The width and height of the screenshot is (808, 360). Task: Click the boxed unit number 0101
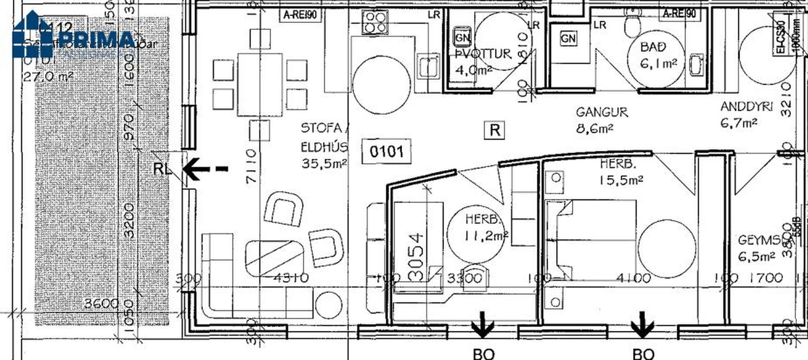(386, 152)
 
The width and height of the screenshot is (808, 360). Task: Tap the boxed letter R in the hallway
(495, 130)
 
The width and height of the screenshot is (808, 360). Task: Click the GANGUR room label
(601, 112)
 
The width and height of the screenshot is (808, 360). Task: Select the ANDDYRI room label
(746, 107)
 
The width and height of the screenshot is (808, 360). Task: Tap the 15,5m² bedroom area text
(621, 180)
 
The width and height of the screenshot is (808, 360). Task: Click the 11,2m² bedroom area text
(486, 236)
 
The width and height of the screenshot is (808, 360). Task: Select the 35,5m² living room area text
(324, 163)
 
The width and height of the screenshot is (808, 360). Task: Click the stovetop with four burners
(375, 22)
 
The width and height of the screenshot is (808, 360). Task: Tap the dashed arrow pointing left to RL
(205, 169)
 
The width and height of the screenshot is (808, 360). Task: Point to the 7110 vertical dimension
(251, 166)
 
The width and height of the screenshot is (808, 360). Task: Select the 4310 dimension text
(291, 278)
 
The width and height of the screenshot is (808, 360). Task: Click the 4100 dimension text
(633, 278)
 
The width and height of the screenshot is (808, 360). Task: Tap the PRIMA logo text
(97, 40)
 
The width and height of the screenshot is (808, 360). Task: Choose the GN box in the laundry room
(462, 37)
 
